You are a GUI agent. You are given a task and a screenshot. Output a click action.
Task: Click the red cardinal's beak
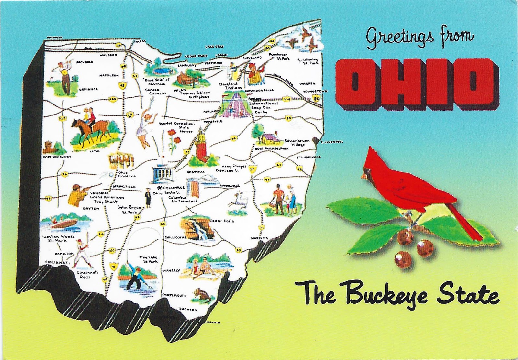364,176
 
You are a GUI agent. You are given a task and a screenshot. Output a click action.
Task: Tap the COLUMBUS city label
174,188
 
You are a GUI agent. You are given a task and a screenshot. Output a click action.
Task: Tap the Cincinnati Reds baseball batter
80,252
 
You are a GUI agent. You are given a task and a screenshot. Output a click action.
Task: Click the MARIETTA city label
259,238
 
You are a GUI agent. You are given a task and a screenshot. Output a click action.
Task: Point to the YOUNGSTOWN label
315,92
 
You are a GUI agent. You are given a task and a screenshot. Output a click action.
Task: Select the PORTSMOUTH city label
174,295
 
